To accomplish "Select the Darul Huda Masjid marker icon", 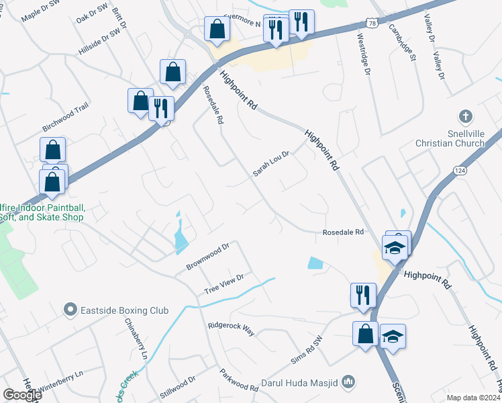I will click(x=348, y=383).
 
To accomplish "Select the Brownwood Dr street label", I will click(x=208, y=257).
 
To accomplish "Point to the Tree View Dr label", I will click(x=223, y=283).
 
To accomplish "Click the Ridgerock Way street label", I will click(x=232, y=327).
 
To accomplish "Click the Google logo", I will click(x=21, y=394).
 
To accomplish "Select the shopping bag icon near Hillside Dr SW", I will click(x=173, y=72).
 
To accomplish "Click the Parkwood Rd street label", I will click(x=239, y=380).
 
